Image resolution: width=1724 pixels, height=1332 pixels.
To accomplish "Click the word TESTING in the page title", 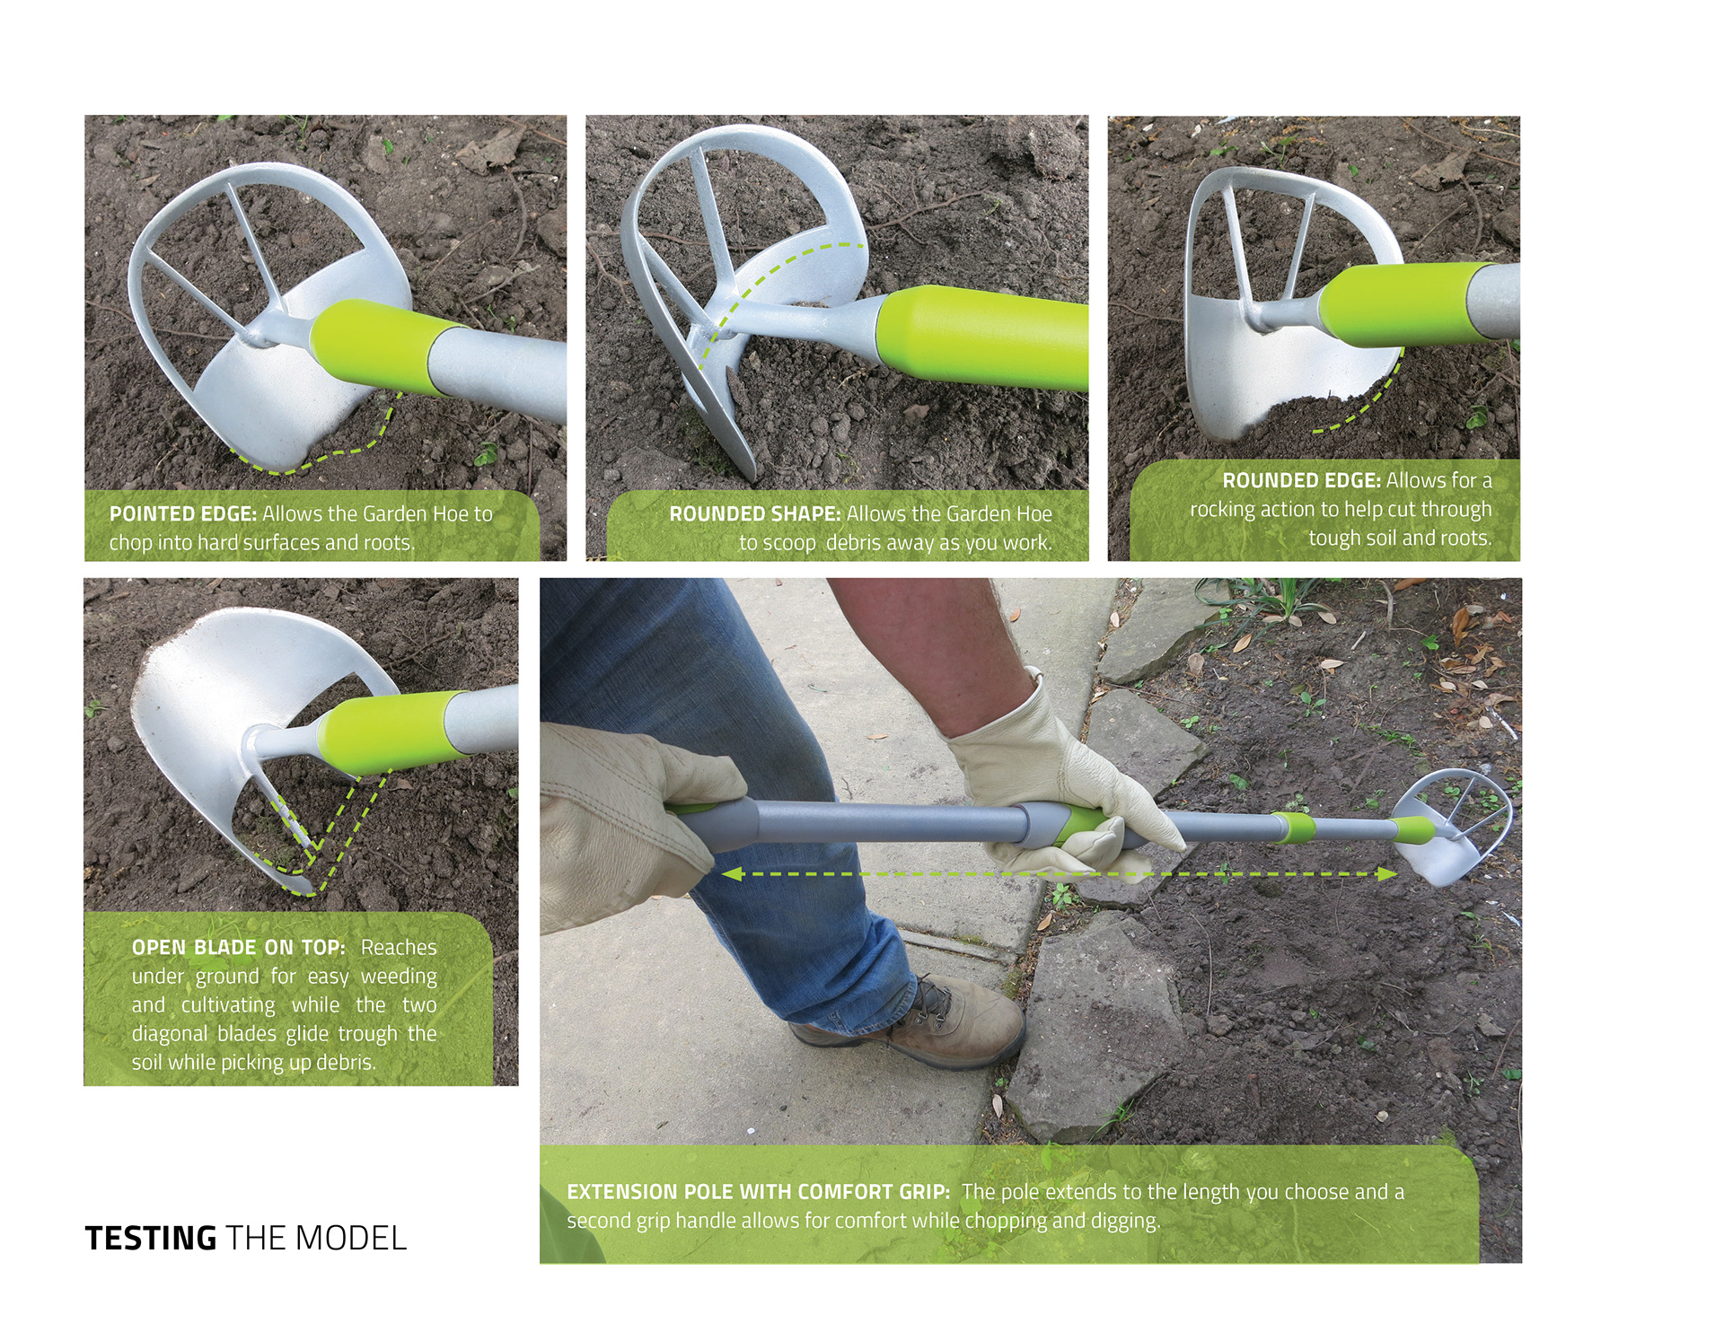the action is tap(151, 1239).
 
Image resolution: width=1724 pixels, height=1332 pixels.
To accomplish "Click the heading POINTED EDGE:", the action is tap(183, 514).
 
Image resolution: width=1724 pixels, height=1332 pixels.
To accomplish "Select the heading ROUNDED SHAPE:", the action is tap(755, 514).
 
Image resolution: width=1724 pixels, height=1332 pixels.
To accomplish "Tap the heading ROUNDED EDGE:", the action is tap(1302, 481).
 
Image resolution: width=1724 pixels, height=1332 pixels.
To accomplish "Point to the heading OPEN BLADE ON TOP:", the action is tap(239, 948).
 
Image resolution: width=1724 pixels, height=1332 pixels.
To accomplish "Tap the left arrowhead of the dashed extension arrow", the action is tap(731, 873).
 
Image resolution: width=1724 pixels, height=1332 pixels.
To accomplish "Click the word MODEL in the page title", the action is tap(351, 1239).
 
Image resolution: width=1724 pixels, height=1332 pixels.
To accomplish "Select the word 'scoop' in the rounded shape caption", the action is tap(789, 544).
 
